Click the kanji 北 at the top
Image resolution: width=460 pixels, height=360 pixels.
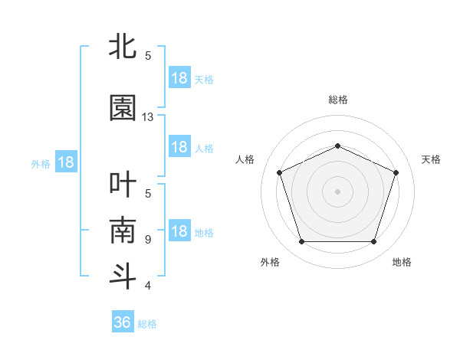coord(123,47)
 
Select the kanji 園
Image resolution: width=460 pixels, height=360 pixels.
coord(123,108)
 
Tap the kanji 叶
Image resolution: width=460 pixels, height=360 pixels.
coord(123,185)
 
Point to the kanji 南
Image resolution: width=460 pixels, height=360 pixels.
coord(123,230)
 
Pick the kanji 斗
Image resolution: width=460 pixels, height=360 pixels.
coord(123,276)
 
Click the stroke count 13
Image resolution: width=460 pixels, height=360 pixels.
coord(148,116)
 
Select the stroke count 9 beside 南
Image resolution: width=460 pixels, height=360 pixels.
coord(148,239)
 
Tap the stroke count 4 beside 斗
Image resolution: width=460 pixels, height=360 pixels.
coord(148,286)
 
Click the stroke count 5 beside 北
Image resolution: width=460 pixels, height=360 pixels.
coord(148,55)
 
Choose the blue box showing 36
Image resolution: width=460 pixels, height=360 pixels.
coord(123,322)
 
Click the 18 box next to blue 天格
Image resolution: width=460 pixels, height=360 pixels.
coord(179,78)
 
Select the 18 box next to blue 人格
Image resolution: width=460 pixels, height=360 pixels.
coord(179,147)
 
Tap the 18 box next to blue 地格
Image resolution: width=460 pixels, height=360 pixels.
coord(179,231)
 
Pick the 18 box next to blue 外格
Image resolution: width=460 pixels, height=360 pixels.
coord(66,162)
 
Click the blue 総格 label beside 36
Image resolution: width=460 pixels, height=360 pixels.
coord(147,324)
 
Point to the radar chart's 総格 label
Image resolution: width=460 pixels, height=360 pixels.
coord(337,100)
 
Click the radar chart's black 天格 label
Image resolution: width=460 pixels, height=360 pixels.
coord(431,159)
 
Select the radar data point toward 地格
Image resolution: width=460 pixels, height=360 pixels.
coord(373,242)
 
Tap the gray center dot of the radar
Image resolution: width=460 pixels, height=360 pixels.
coord(337,191)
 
